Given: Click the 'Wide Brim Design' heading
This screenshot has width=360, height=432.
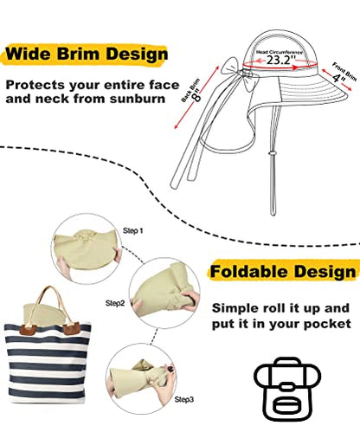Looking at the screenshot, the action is point(87,54).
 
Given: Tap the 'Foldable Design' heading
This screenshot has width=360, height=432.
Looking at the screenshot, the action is point(283,272).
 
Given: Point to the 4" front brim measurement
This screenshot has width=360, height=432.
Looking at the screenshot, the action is point(337,78).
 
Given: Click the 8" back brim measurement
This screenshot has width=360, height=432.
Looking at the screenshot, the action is point(197,96).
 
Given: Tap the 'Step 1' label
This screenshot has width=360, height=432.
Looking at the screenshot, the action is point(133,230).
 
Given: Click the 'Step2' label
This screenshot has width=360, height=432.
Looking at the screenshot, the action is point(115,303).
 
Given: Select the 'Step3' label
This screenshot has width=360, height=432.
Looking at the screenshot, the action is point(184,399).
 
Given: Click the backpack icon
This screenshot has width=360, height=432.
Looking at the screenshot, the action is point(287,389).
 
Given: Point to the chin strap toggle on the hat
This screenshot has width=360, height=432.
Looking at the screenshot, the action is point(272,153).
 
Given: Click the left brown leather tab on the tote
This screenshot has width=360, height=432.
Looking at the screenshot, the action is point(28,329).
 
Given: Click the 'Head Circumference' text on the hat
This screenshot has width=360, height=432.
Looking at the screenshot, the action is point(280,52).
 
